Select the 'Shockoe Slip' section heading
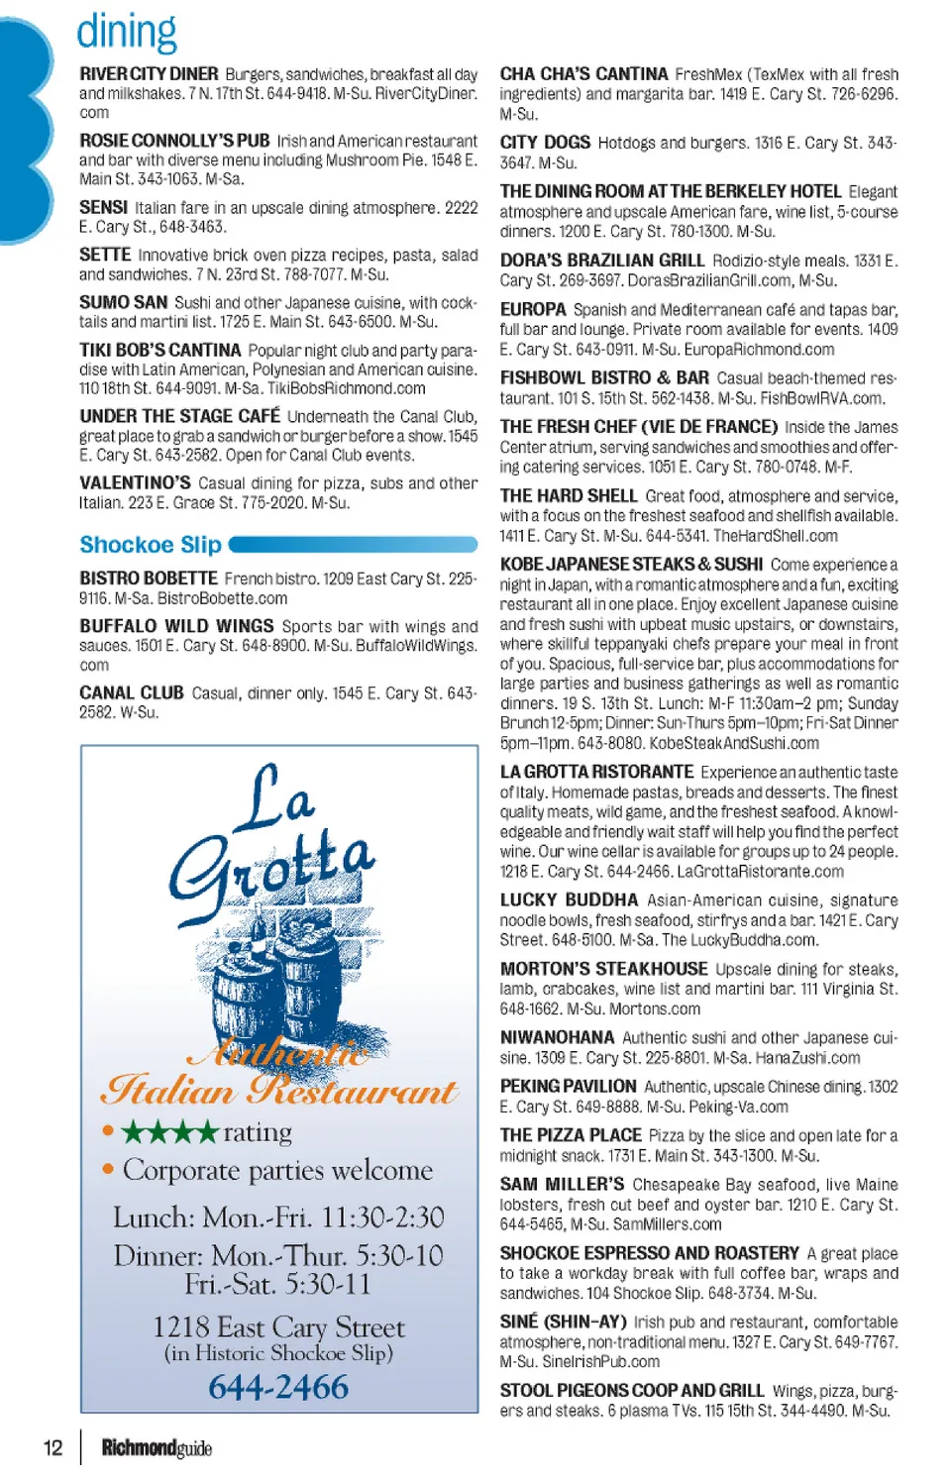(151, 545)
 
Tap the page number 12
(53, 1447)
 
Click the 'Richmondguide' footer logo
(157, 1448)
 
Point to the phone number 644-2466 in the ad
(278, 1387)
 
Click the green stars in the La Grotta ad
(169, 1131)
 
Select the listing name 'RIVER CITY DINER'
(149, 74)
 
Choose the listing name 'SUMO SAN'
(124, 302)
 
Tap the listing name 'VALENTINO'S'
(135, 483)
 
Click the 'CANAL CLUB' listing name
(132, 693)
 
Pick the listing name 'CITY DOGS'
(545, 143)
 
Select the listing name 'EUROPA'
(533, 310)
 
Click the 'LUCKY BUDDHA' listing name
(569, 900)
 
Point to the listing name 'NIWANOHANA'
(557, 1037)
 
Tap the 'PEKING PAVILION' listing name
(568, 1087)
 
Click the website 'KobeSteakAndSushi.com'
(734, 743)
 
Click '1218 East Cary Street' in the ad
(278, 1327)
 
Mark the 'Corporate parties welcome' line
(277, 1170)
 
